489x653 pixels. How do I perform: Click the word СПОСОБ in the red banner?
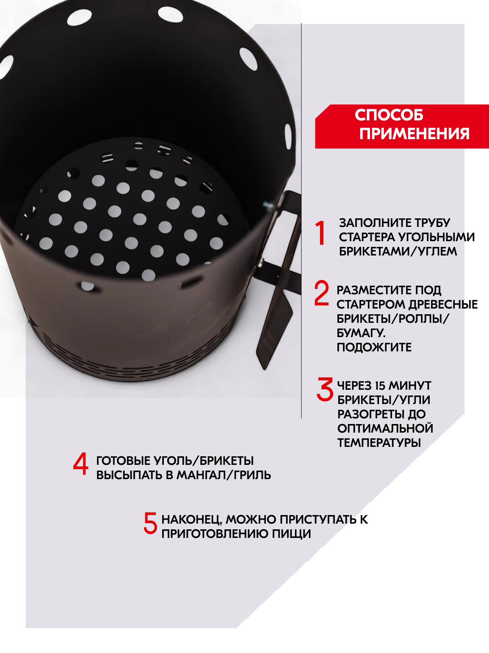pos(389,115)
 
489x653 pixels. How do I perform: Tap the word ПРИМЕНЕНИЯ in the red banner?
pos(414,133)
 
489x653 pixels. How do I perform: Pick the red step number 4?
pos(80,464)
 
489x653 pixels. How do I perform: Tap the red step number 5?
pos(150,523)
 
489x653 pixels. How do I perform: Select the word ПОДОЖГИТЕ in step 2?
pos(374,347)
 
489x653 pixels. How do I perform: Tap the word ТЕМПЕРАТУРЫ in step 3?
pos(379,443)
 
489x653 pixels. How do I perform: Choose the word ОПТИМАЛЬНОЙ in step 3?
pos(385,429)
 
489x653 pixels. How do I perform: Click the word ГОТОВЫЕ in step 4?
pos(123,461)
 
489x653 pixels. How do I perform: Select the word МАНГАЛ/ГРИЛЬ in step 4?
pos(224,475)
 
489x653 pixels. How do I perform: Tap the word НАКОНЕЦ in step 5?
pos(192,520)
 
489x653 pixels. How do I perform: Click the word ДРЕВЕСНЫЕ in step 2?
pos(443,304)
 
